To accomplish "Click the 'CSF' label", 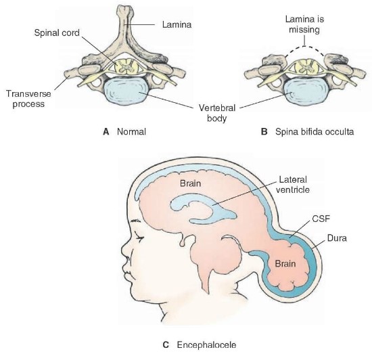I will [x=306, y=219].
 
